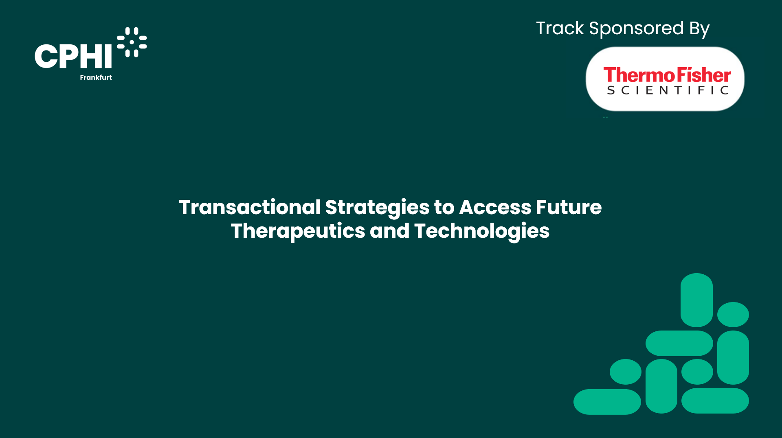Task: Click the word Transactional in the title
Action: pyautogui.click(x=250, y=207)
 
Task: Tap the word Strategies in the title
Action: pyautogui.click(x=377, y=208)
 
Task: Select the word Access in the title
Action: pyautogui.click(x=495, y=207)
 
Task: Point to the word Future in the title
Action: pyautogui.click(x=569, y=207)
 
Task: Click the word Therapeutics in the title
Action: pyautogui.click(x=298, y=231)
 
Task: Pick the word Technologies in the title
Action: pyautogui.click(x=481, y=231)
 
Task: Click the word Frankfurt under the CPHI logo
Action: pyautogui.click(x=96, y=77)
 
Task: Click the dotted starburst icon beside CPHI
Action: pyautogui.click(x=132, y=42)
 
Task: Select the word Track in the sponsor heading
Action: pyautogui.click(x=560, y=28)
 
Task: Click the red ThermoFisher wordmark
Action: pyautogui.click(x=667, y=75)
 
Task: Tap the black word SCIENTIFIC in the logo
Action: pyautogui.click(x=668, y=90)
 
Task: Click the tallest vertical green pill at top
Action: pyautogui.click(x=696, y=300)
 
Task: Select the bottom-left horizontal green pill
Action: pyautogui.click(x=607, y=402)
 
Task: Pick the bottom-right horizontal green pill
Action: pyautogui.click(x=715, y=401)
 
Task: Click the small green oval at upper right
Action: pyautogui.click(x=733, y=314)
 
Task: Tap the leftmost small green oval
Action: pyautogui.click(x=625, y=372)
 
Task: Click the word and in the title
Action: pyautogui.click(x=389, y=231)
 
